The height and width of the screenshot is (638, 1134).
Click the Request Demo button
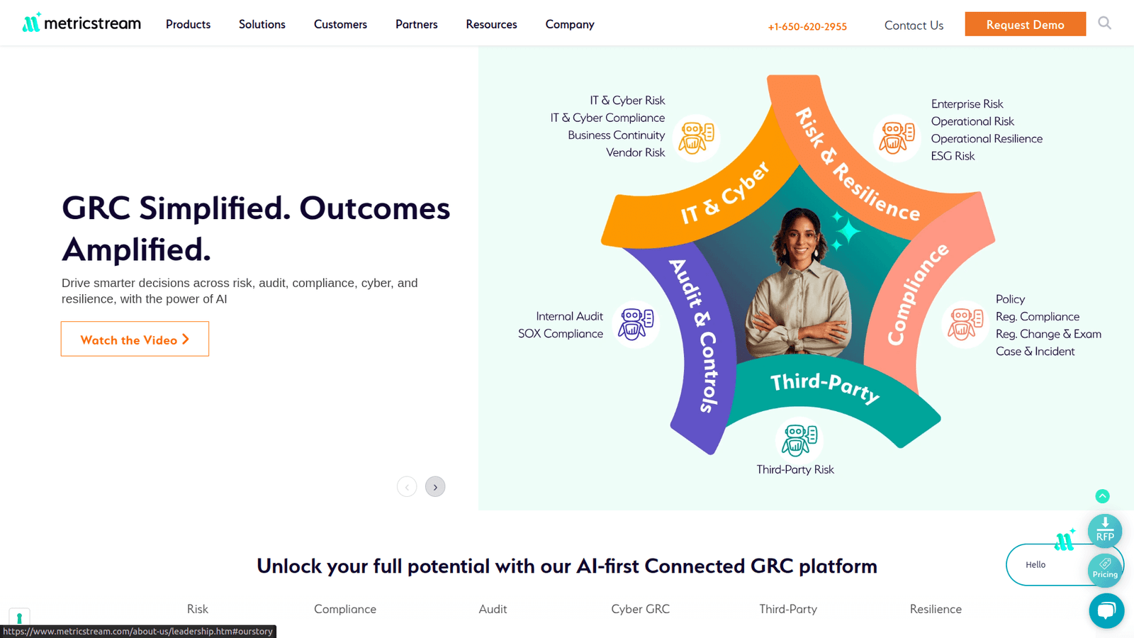click(1025, 24)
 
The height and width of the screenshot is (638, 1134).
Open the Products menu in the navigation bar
click(188, 24)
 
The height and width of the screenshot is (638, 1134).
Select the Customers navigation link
click(340, 24)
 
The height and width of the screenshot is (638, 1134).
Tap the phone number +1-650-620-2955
click(807, 26)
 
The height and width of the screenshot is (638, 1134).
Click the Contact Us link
click(914, 26)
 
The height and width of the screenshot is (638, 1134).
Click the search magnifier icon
click(1105, 23)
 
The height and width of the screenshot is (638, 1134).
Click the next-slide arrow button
click(435, 486)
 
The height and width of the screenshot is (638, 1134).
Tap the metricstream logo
click(82, 23)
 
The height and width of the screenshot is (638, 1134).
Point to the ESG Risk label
click(953, 156)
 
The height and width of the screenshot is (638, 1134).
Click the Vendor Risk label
click(635, 152)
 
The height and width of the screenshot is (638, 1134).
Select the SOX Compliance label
click(561, 334)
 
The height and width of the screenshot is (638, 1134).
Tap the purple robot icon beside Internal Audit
click(636, 324)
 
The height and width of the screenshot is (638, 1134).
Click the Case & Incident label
click(1035, 352)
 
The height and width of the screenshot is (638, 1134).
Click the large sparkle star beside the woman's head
click(848, 231)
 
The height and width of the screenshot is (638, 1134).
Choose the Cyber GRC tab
click(641, 609)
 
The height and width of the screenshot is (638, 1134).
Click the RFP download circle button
click(1105, 531)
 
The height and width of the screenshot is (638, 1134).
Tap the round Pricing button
click(1105, 570)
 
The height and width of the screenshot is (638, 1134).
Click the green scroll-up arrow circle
click(1103, 496)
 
